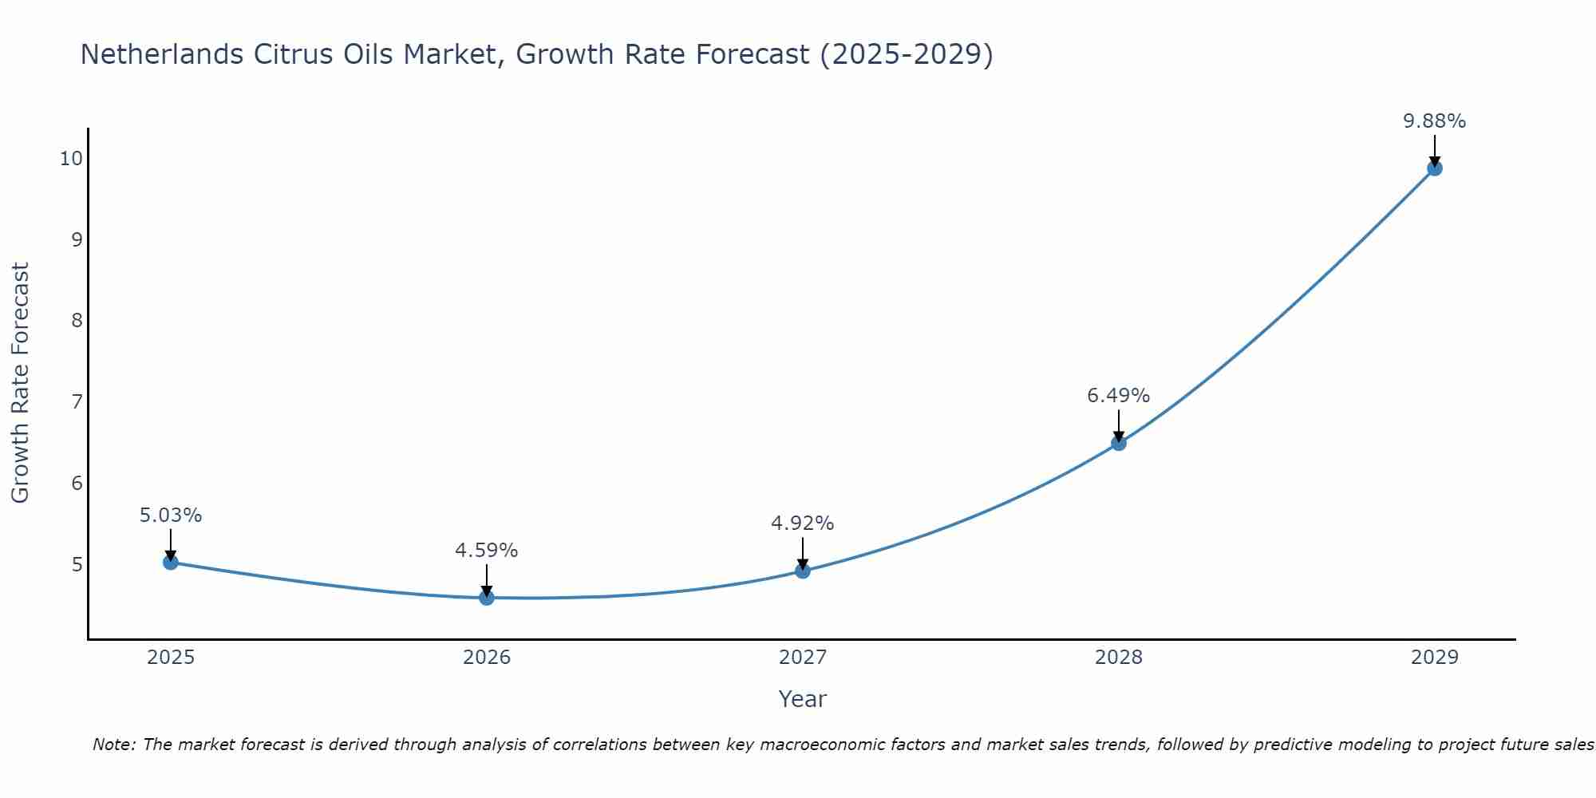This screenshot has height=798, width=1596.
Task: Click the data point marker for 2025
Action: [x=170, y=562]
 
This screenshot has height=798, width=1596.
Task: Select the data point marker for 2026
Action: [x=487, y=598]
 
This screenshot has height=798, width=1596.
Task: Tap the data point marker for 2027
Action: [x=803, y=571]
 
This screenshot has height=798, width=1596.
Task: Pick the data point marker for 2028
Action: [x=1119, y=443]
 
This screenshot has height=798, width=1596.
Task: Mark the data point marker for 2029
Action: [x=1435, y=168]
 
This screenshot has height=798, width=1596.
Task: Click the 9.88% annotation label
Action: [x=1435, y=121]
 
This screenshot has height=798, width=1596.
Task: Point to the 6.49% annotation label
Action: [x=1119, y=396]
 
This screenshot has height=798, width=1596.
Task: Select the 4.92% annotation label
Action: [x=803, y=523]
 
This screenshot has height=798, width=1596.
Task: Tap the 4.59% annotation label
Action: [x=487, y=551]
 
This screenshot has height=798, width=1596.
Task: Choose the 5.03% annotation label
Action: [x=171, y=516]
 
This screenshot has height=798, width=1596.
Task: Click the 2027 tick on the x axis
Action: [x=803, y=658]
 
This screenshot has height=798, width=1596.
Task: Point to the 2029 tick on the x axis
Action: [x=1435, y=658]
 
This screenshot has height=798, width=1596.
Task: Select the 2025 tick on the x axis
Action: [x=171, y=658]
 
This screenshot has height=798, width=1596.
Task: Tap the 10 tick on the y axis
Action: [x=71, y=158]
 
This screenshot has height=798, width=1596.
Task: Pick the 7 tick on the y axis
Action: [x=77, y=401]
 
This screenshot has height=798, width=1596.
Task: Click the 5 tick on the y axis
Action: [x=77, y=564]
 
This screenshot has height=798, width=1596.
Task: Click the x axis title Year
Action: [x=803, y=699]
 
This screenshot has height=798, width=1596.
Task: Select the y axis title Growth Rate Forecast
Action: [x=21, y=383]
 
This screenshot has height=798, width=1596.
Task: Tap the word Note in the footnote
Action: [x=113, y=745]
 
